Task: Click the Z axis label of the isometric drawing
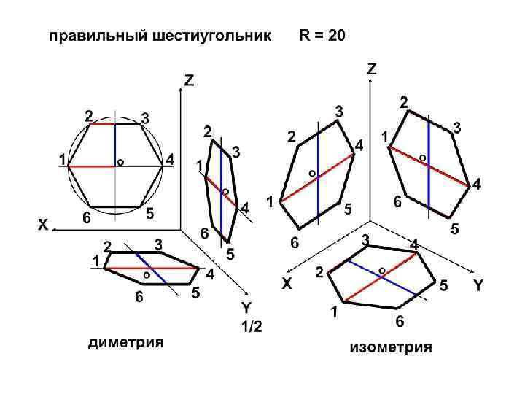coord(372,69)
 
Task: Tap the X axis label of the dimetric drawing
coord(43,227)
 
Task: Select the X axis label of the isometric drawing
coord(287,285)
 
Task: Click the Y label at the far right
coord(478,285)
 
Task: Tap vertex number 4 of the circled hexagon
coord(169,159)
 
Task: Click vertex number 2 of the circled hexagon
coord(88,116)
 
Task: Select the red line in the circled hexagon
coord(91,166)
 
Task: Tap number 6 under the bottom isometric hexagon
coord(400,321)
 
